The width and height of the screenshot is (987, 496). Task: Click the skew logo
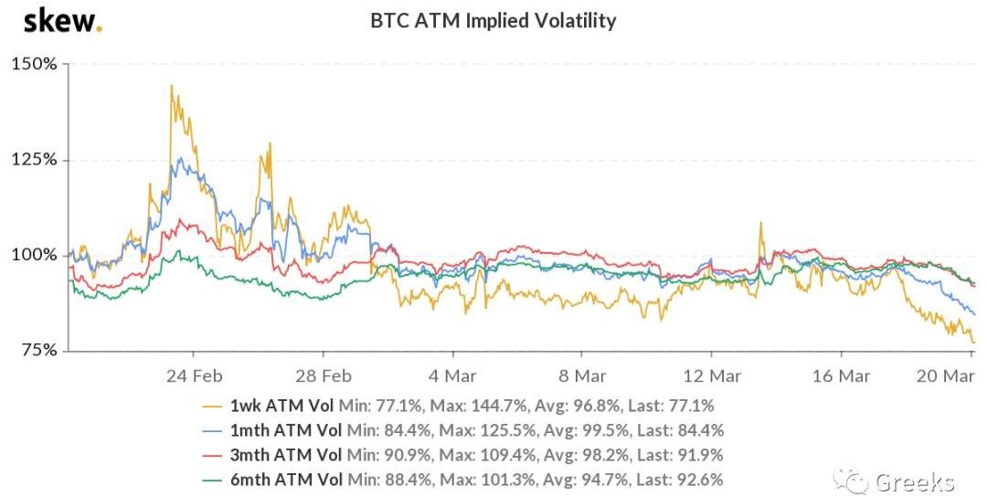click(x=62, y=20)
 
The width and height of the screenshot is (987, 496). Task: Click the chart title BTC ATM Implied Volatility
click(x=493, y=20)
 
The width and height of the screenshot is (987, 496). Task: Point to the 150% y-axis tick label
click(x=34, y=65)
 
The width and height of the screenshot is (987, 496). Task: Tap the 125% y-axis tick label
click(x=34, y=160)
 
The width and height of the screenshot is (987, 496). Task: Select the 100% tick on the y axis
click(x=34, y=255)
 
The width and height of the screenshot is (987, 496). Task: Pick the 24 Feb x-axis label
click(x=195, y=375)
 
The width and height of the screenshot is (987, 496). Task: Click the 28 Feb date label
click(x=324, y=375)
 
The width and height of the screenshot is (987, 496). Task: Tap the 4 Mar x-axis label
click(x=454, y=375)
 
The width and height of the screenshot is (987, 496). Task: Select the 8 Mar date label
click(x=583, y=375)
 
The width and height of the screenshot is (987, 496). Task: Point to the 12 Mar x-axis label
click(x=713, y=375)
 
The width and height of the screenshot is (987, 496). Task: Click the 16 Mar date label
click(x=842, y=375)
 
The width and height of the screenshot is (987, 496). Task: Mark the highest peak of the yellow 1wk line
click(x=171, y=86)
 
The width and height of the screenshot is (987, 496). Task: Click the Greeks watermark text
click(x=914, y=481)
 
